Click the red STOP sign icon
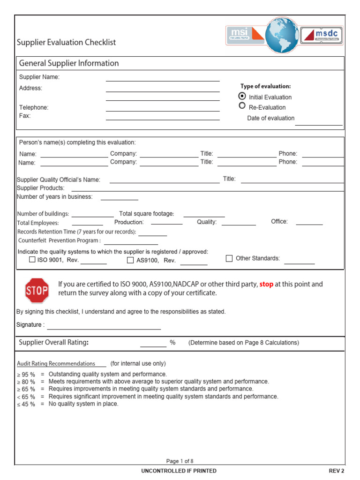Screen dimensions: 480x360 (x=37, y=291)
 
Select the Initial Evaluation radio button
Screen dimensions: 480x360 (x=242, y=96)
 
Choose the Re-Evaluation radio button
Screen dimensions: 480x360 (x=242, y=106)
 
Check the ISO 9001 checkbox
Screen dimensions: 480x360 (x=32, y=260)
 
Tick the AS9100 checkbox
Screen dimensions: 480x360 (x=130, y=260)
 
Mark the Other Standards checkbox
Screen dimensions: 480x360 (x=229, y=258)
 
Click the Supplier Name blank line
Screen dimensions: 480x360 (x=163, y=78)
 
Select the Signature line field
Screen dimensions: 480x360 (x=104, y=326)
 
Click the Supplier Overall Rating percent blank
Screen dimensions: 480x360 (x=153, y=344)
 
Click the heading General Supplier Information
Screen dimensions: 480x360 (x=69, y=63)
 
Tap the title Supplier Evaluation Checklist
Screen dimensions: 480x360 (x=66, y=42)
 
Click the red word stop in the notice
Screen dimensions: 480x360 (x=266, y=284)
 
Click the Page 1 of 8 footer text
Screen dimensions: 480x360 (x=180, y=461)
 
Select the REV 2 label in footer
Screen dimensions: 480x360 (x=336, y=471)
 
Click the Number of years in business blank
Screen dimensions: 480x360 (x=119, y=198)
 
